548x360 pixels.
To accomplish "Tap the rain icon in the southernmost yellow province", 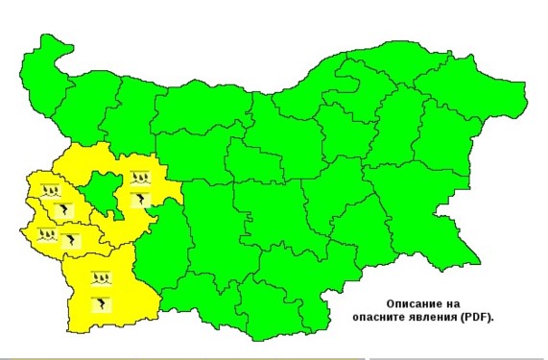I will point(100,280).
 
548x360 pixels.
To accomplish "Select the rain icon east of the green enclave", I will point(139,178).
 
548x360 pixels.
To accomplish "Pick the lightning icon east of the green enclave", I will point(139,199).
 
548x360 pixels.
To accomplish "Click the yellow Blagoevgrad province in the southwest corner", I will point(106,293).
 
